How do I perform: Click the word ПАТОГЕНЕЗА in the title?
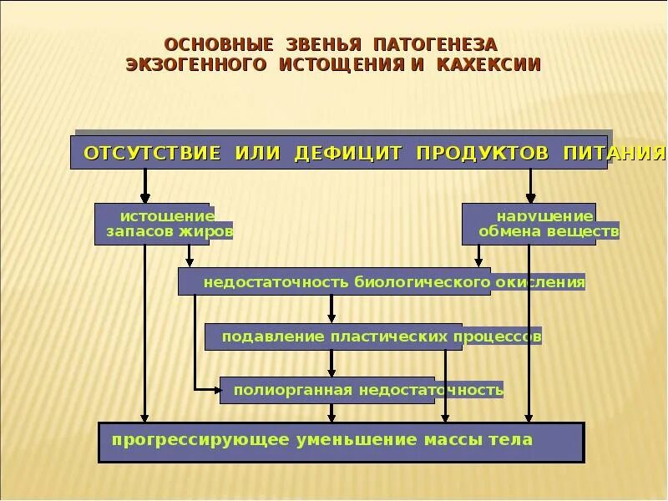coord(435,43)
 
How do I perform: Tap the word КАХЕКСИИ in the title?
coord(488,64)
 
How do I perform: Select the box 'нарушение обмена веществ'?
coord(529,224)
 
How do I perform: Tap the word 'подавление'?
coord(261,337)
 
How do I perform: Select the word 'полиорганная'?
coord(281,390)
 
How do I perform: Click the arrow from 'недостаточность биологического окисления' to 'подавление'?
coord(331,309)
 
